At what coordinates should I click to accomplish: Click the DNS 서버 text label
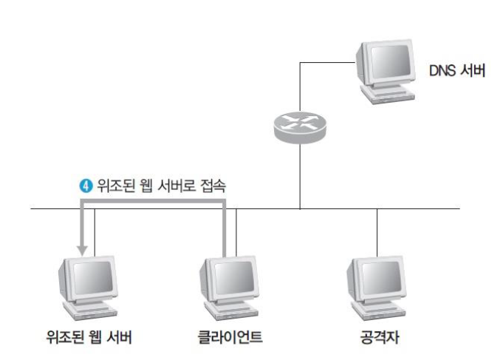(456, 73)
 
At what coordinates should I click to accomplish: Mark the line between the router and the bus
(299, 177)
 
